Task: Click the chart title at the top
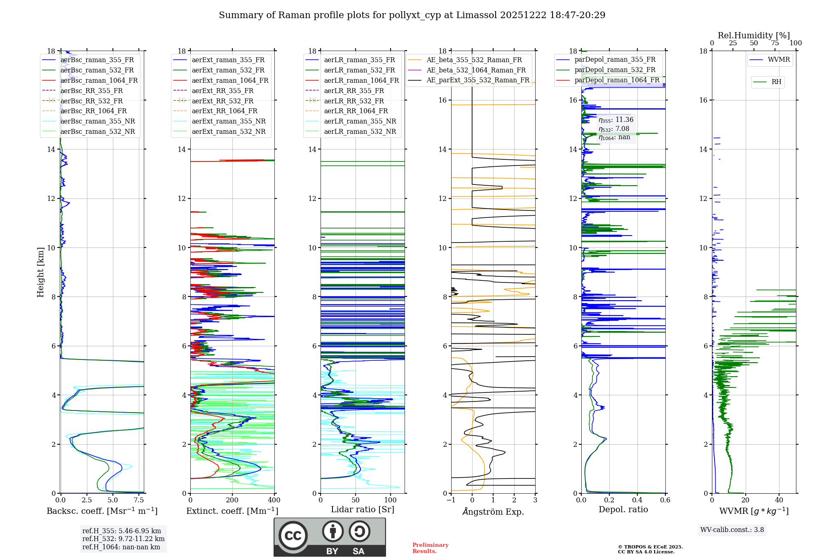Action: pos(412,15)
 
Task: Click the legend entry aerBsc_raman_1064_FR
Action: pos(99,81)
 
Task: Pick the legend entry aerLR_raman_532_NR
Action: pos(360,132)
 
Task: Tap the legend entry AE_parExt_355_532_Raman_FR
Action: pos(478,80)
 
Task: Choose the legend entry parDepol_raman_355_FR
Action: pos(615,60)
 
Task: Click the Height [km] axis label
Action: pos(40,272)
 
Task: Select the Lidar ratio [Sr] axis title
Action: pos(363,510)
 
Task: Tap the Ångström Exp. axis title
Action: pos(493,512)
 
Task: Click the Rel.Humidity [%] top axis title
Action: pos(754,35)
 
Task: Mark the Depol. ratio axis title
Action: pos(623,510)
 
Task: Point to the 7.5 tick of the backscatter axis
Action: pos(139,500)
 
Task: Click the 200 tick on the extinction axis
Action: pos(232,500)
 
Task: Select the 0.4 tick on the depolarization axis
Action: pos(637,500)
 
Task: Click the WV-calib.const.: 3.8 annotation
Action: pos(732,530)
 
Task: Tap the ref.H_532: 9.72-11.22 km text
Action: pos(123,539)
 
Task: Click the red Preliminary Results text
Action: pos(430,548)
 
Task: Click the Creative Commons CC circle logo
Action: pos(293,536)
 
